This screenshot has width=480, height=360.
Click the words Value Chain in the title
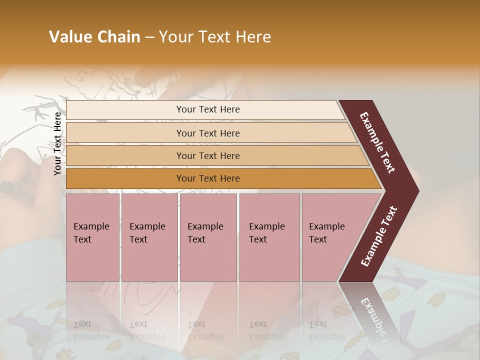94,37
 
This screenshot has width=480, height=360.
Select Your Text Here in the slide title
215,37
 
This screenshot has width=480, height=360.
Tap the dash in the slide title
149,37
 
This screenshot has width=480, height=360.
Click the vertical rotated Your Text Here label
58,143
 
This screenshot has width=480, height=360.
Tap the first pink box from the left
92,237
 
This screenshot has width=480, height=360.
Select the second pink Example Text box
149,237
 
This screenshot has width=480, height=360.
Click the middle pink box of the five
208,237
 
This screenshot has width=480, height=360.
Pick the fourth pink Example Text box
269,237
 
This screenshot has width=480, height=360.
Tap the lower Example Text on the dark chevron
379,236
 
